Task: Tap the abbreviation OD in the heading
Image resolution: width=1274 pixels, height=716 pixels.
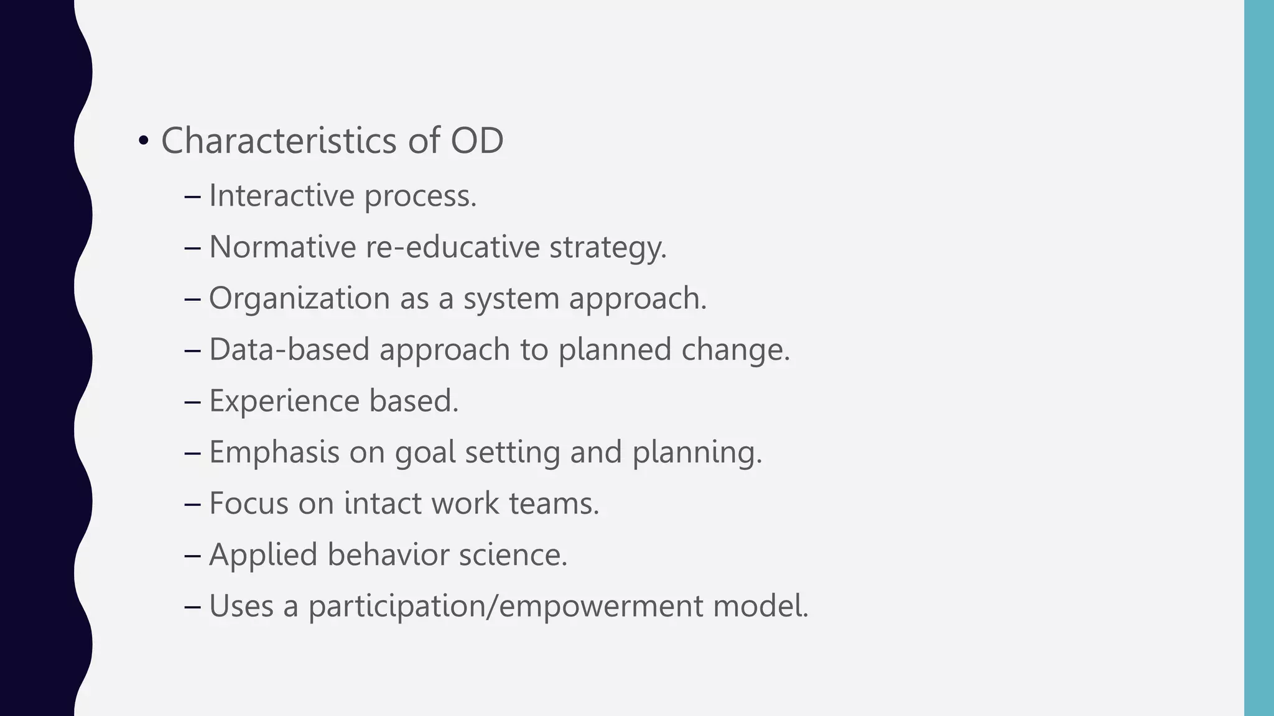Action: [477, 140]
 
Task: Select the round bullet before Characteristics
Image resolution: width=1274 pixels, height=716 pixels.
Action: [144, 142]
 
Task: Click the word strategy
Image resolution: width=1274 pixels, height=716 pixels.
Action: [608, 248]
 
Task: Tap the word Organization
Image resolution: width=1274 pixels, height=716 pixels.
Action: [299, 298]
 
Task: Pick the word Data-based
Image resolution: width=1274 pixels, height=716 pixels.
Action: [289, 349]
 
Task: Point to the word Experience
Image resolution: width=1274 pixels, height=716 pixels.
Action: [284, 401]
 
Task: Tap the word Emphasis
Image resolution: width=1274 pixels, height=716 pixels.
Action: [274, 452]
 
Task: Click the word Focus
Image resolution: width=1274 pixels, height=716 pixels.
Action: [249, 503]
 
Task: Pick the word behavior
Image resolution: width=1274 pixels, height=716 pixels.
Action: [388, 554]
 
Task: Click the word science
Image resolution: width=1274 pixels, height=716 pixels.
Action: [513, 554]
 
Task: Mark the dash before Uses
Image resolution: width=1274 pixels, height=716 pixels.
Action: [193, 606]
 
